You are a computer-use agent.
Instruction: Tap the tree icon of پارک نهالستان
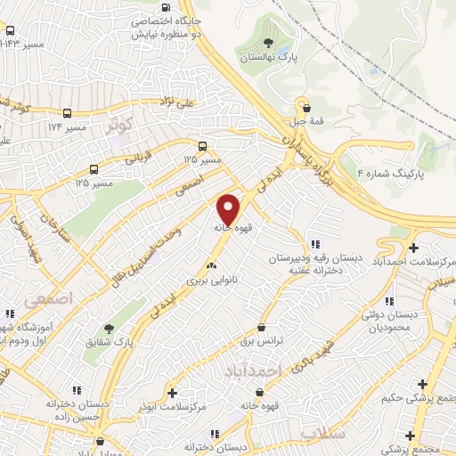point(268,42)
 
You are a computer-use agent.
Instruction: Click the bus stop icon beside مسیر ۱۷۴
point(68,114)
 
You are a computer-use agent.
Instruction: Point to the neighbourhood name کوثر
point(123,126)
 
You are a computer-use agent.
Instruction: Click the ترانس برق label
point(260,341)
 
